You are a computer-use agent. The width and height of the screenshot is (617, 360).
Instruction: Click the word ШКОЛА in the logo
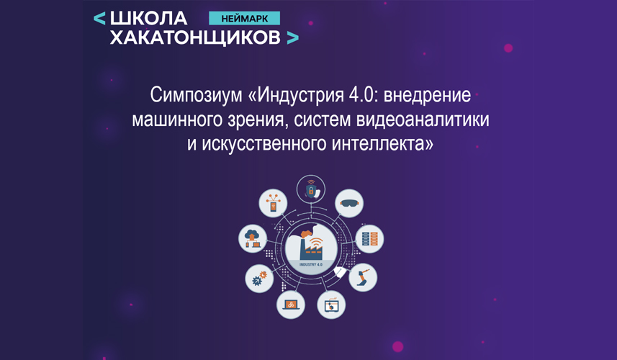pos(149,18)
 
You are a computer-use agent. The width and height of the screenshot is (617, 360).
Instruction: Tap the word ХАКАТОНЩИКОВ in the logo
pos(195,37)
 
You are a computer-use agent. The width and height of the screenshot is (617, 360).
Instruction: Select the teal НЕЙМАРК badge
pos(244,19)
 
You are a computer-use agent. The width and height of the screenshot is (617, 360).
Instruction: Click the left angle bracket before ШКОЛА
pos(99,19)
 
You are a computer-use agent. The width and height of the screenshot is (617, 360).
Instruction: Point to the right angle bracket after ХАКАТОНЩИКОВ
pos(293,37)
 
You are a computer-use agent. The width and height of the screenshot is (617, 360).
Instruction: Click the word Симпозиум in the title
pos(196,96)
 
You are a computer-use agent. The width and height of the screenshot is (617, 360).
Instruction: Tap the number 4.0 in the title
pos(361,95)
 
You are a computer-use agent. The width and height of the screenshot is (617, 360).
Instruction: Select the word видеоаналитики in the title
pos(423,120)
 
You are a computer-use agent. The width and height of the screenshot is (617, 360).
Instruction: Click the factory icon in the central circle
pos(311,244)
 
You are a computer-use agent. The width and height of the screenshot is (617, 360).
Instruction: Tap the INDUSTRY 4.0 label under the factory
pos(311,264)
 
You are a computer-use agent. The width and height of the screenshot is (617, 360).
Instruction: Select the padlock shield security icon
pos(311,189)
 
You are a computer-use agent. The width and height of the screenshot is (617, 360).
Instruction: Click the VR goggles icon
pos(349,203)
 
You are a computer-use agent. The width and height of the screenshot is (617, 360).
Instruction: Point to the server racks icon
pos(369,239)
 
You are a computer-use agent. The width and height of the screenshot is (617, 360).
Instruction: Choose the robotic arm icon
pos(363,277)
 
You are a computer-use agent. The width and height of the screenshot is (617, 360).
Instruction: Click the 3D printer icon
pos(331,305)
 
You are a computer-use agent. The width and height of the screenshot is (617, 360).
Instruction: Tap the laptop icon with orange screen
pos(291,305)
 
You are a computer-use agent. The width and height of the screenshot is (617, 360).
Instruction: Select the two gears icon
pos(259,279)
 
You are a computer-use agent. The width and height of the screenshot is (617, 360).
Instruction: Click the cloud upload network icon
pos(253,238)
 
